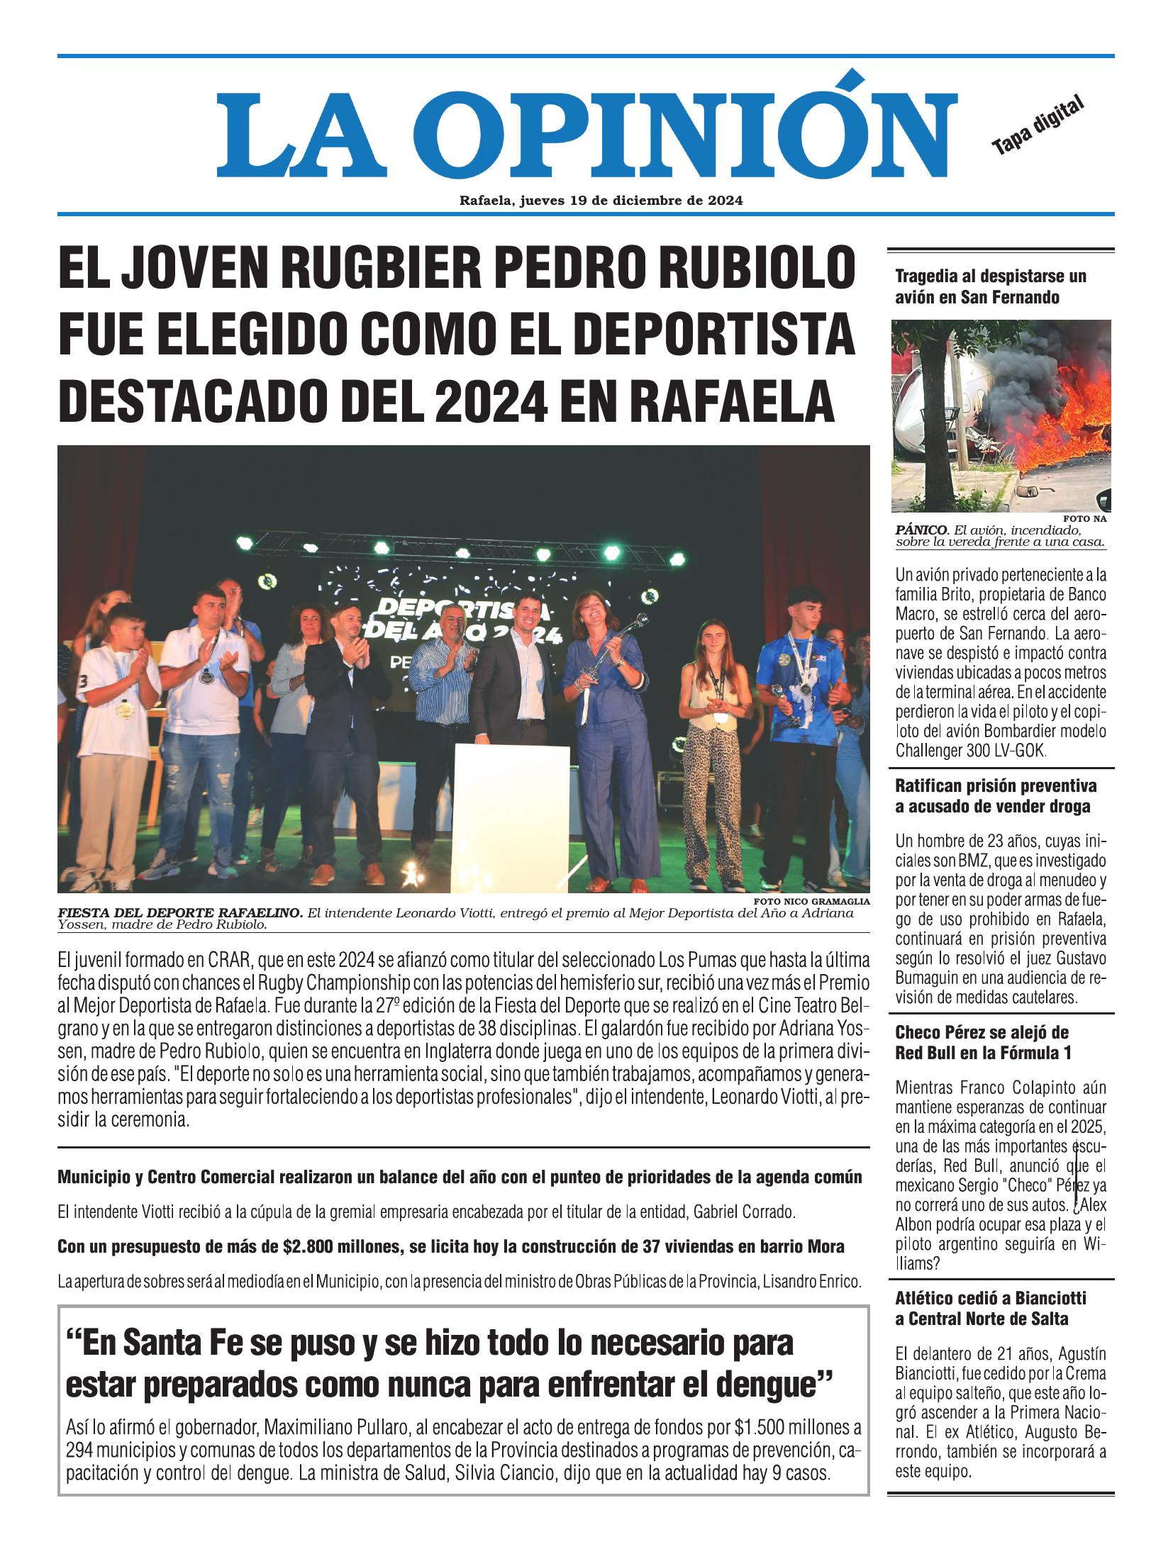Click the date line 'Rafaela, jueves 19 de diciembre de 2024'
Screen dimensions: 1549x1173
(x=601, y=201)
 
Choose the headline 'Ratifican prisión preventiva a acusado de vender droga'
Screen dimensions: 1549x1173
(x=995, y=795)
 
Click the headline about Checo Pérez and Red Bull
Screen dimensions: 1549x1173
(x=982, y=1041)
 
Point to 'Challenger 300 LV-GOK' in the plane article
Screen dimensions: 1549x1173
(x=970, y=750)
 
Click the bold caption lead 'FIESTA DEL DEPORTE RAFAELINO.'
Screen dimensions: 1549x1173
(x=180, y=912)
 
